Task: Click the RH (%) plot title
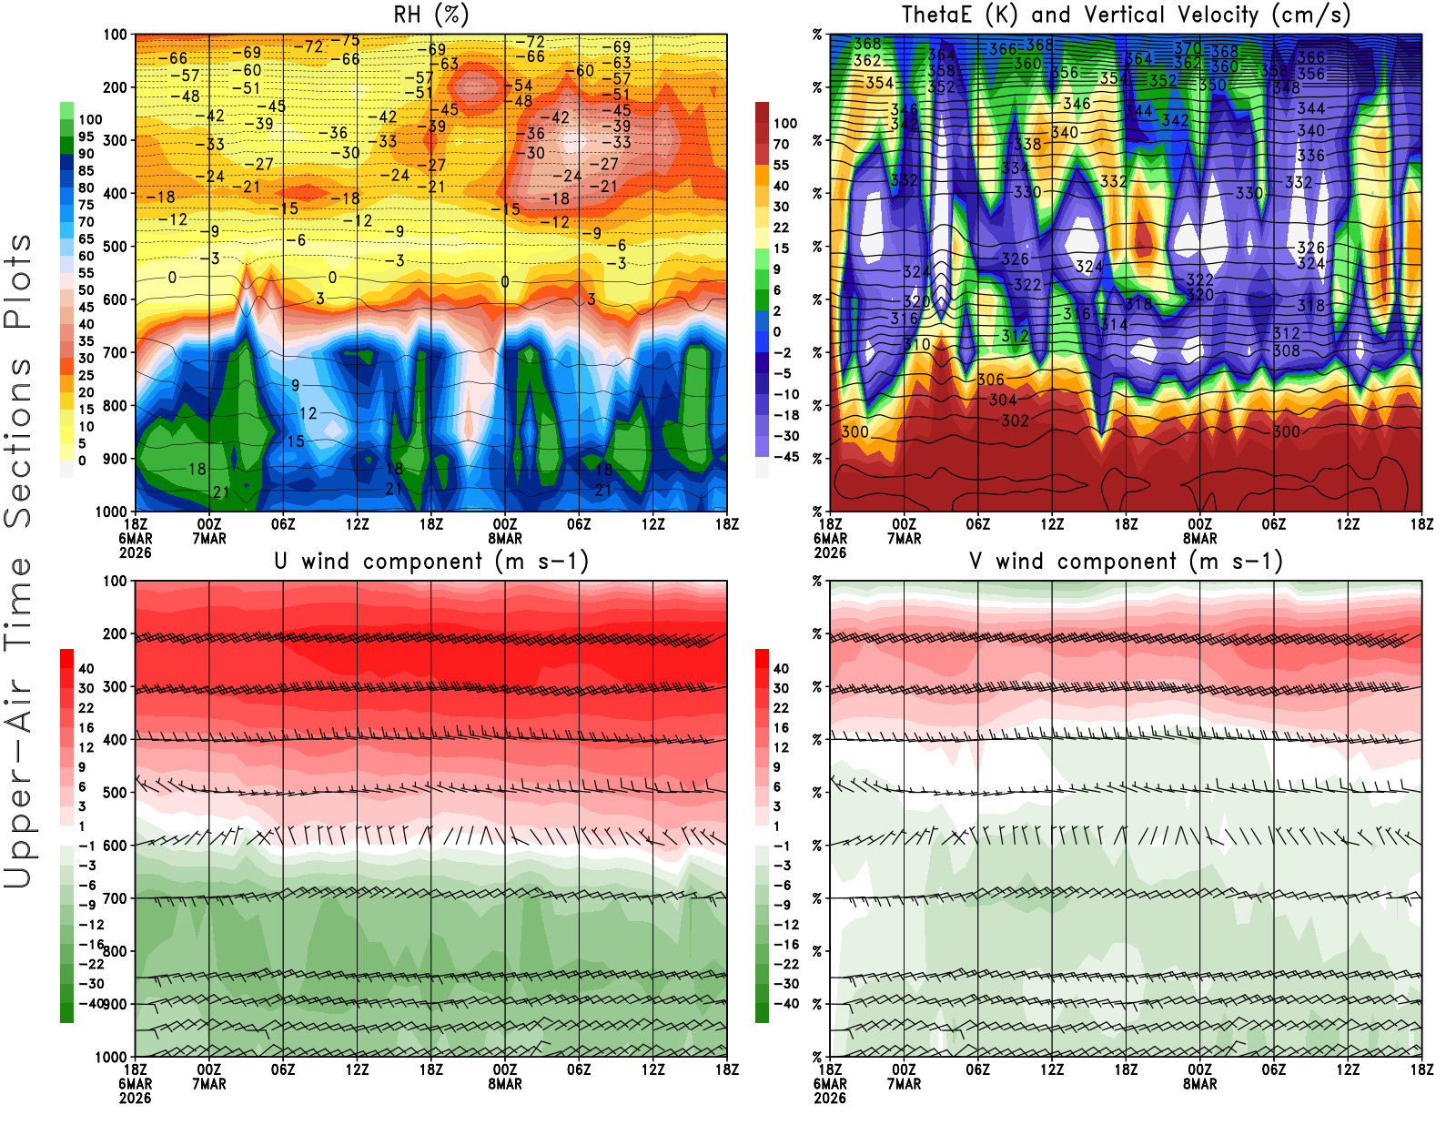click(430, 15)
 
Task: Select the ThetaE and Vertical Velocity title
click(1126, 15)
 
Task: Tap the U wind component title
click(431, 561)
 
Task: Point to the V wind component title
click(1126, 561)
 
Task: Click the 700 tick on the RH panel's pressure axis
click(116, 352)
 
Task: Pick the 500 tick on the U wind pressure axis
click(116, 793)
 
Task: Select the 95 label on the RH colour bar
click(86, 137)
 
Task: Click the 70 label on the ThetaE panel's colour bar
click(781, 144)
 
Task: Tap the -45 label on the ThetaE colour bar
click(786, 457)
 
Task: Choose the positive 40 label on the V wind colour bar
click(781, 668)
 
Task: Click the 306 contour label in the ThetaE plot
click(990, 380)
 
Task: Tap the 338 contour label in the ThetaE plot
click(1027, 144)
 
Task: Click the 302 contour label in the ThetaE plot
click(1015, 421)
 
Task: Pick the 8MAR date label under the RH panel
click(505, 538)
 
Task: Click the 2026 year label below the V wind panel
click(830, 1098)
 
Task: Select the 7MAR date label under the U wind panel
click(209, 1084)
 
